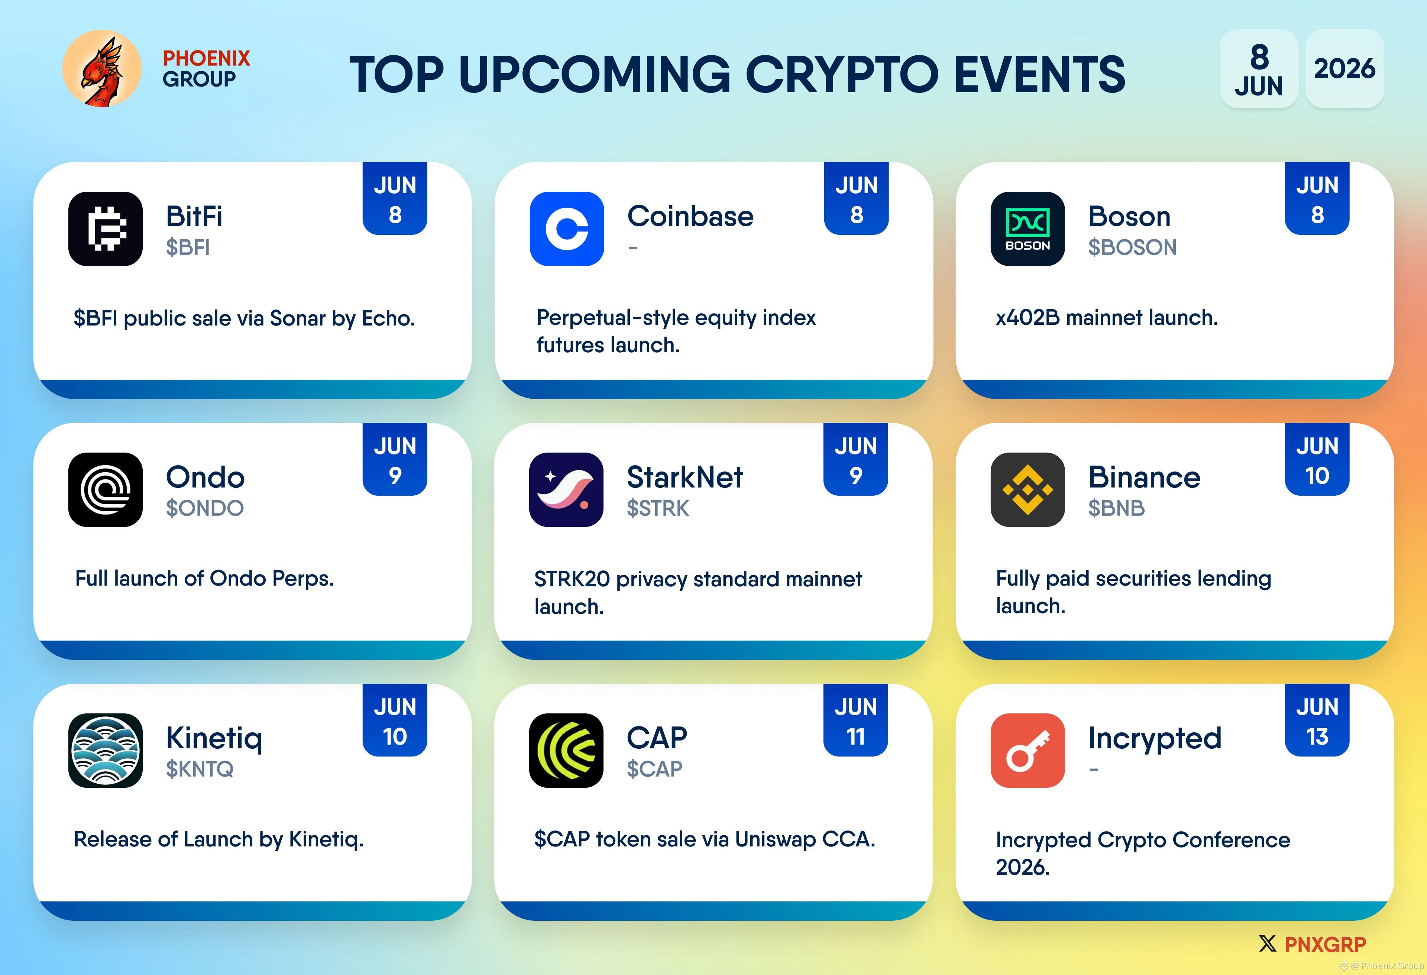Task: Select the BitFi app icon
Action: click(x=106, y=229)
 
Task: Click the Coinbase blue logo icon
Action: click(x=567, y=229)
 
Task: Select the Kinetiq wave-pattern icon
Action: click(x=106, y=750)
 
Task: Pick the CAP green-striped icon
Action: click(x=566, y=750)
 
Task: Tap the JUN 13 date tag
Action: click(x=1317, y=720)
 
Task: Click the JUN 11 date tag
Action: click(x=856, y=720)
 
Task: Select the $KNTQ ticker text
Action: click(x=200, y=769)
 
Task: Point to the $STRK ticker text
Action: click(x=658, y=508)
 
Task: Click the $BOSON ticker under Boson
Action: click(x=1132, y=247)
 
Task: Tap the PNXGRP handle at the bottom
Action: click(x=1325, y=944)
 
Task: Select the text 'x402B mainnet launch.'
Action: click(x=1106, y=317)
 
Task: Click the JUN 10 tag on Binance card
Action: click(x=1317, y=459)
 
